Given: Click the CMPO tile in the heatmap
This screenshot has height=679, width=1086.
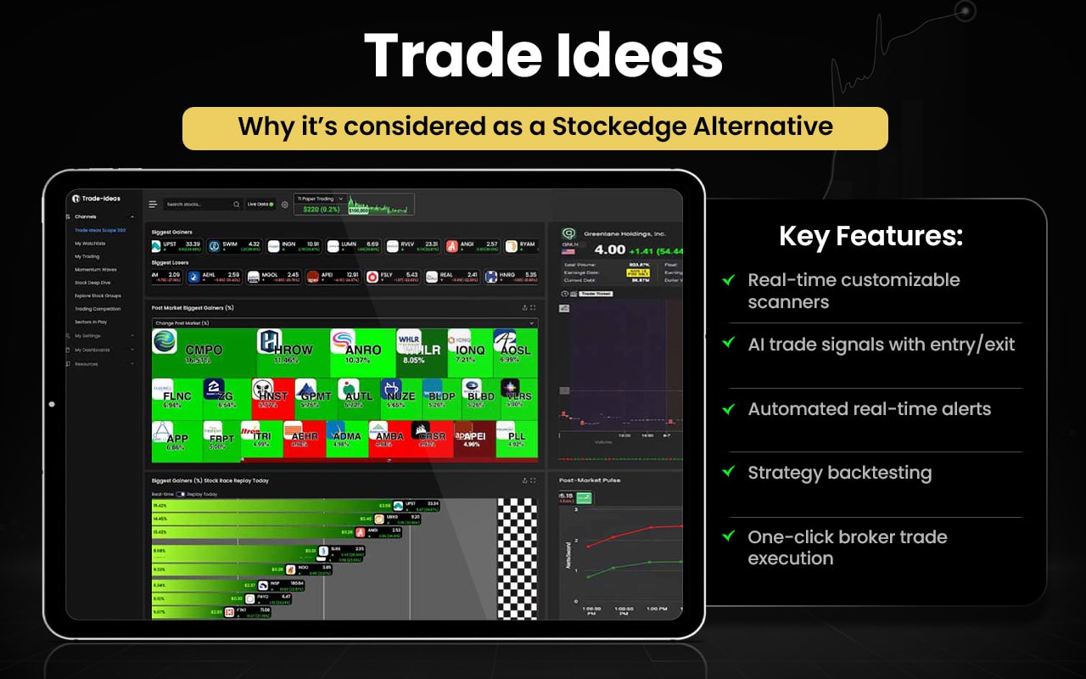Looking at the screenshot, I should tap(203, 351).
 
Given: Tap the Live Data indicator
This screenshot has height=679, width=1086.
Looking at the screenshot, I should tap(260, 205).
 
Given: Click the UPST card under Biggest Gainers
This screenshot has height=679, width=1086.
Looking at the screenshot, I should tap(177, 246).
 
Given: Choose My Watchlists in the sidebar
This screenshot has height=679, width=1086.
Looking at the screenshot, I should tap(90, 244).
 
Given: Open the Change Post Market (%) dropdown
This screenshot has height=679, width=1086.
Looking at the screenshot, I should tap(344, 323).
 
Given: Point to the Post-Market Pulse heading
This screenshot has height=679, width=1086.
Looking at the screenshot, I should tap(590, 480).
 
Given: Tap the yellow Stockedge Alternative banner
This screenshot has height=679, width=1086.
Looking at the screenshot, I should tap(535, 128).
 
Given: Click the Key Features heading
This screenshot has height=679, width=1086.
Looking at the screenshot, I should tap(870, 237).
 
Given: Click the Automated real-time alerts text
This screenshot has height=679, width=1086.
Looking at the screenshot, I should tap(869, 409).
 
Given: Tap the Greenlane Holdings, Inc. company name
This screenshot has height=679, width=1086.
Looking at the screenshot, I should tap(623, 233).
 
